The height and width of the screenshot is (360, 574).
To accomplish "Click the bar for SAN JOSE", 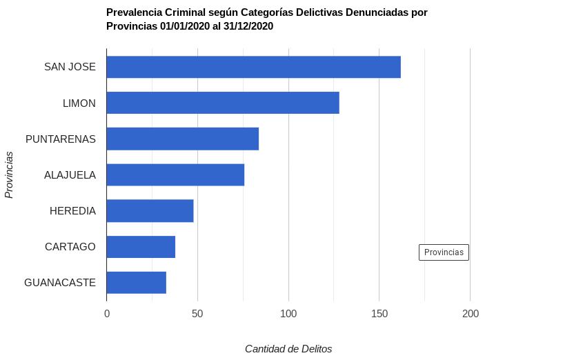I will click(x=253, y=67).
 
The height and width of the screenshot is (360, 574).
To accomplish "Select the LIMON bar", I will click(x=223, y=103).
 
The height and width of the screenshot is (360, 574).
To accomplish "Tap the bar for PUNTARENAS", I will click(x=182, y=139).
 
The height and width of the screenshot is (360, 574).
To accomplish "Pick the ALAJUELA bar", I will click(x=175, y=174).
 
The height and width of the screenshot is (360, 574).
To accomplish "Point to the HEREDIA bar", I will click(x=150, y=210).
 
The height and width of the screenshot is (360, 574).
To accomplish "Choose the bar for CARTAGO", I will click(x=141, y=246).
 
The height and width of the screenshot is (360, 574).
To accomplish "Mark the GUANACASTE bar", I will click(x=136, y=282).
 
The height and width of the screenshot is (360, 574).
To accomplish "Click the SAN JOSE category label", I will click(x=70, y=67).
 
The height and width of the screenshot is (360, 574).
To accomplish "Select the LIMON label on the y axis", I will click(x=79, y=103).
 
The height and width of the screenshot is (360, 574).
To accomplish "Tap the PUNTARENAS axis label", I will click(x=60, y=139).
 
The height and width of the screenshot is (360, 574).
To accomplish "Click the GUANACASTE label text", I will click(x=59, y=282).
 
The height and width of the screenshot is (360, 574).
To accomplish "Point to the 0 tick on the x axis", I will click(x=107, y=314).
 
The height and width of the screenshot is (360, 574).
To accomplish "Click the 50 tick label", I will click(x=197, y=314).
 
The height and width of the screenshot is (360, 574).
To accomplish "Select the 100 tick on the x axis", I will click(x=288, y=314).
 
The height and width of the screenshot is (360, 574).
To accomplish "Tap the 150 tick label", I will click(x=379, y=314).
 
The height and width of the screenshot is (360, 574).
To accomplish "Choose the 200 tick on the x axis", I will click(x=470, y=314).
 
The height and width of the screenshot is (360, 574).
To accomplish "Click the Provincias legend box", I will click(x=444, y=252).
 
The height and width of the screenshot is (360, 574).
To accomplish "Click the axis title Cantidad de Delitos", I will click(x=288, y=349).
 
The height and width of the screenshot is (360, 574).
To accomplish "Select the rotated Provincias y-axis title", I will click(x=9, y=174).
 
